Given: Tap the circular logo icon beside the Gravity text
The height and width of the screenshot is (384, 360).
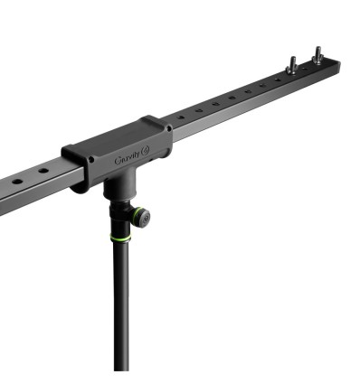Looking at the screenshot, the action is pos(146,151).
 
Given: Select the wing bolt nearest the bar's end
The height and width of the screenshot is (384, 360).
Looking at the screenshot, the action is pos(317,55).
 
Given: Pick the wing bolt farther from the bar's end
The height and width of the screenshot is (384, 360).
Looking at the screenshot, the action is pos(292,65).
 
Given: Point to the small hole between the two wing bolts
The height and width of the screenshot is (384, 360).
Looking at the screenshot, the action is pos(305,69).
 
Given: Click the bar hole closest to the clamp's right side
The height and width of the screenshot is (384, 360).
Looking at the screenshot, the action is pos(181,117).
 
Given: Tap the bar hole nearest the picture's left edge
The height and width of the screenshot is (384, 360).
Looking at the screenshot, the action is pos(17,182).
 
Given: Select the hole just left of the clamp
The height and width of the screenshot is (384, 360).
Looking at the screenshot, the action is pos(43,171).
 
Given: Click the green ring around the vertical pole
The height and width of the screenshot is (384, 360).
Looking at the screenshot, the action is pos(120,238).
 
